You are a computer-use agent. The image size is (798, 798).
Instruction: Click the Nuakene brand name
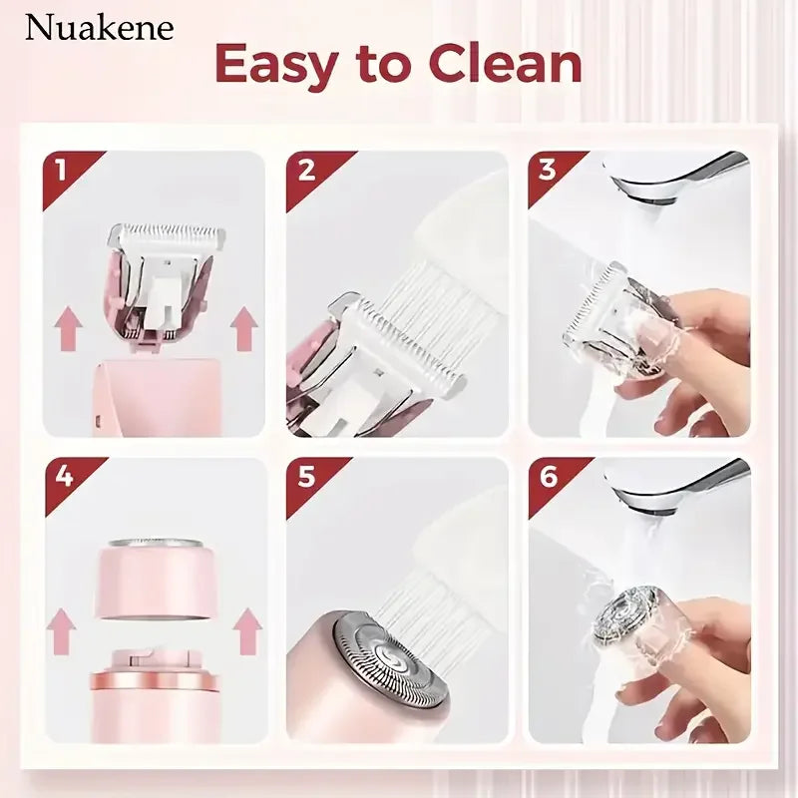pyautogui.click(x=99, y=28)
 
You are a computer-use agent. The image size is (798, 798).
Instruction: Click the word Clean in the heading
pyautogui.click(x=504, y=65)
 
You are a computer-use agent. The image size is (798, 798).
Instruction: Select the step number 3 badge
pyautogui.click(x=547, y=169)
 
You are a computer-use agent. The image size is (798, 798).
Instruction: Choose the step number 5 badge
pyautogui.click(x=305, y=476)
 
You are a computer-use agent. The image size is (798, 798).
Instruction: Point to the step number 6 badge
pyautogui.click(x=547, y=476)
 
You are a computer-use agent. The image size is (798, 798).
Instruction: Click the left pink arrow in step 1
pyautogui.click(x=68, y=328)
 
